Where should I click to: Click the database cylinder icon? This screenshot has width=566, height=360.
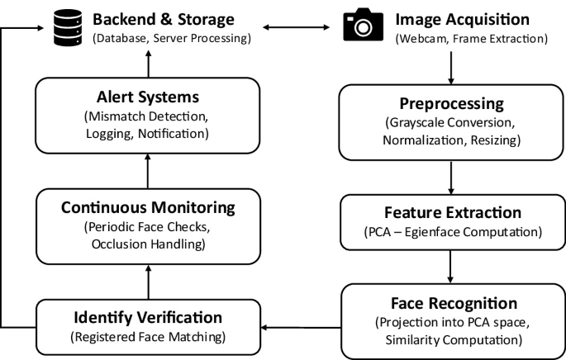(x=68, y=27)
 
